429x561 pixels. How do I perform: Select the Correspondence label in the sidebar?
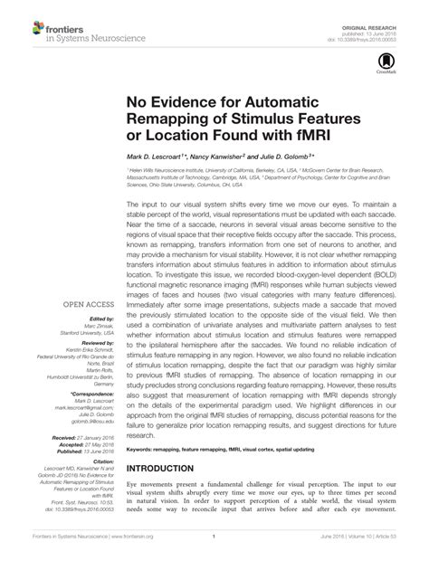[x=94, y=395]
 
